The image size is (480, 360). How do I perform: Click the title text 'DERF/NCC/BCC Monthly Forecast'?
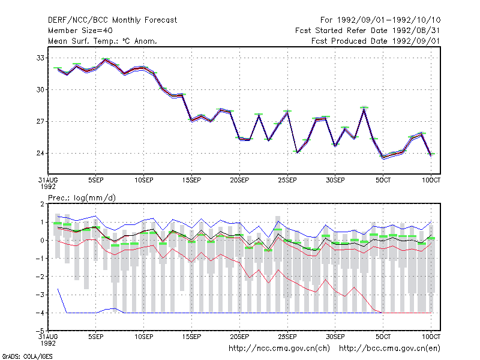[x=112, y=20]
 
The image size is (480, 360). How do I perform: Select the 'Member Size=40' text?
[x=80, y=31]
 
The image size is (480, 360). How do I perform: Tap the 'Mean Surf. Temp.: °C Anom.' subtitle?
[x=103, y=41]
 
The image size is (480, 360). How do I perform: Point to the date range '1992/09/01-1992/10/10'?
[x=389, y=20]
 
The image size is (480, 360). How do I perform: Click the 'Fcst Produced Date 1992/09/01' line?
[x=376, y=41]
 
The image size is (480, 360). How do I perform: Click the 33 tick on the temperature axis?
[x=40, y=58]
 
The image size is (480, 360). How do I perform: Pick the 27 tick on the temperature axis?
[x=40, y=122]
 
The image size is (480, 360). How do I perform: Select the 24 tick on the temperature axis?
[x=40, y=153]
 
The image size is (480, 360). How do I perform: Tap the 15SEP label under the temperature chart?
[x=191, y=180]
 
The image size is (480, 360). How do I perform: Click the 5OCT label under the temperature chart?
[x=383, y=180]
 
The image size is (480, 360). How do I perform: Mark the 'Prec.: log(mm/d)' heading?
[x=82, y=198]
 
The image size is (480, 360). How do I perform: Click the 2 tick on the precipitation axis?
[x=42, y=204]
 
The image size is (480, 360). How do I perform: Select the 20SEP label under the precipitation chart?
[x=239, y=337]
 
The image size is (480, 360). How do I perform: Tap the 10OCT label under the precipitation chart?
[x=431, y=337]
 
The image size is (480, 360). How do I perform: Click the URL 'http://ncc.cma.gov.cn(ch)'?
[x=279, y=349]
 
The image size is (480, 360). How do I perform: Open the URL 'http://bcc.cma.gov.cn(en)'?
[x=389, y=349]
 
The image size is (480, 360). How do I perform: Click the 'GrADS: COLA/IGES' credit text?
[x=27, y=356]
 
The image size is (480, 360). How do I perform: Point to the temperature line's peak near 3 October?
[x=364, y=108]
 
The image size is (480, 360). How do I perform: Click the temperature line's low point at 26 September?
[x=297, y=152]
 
